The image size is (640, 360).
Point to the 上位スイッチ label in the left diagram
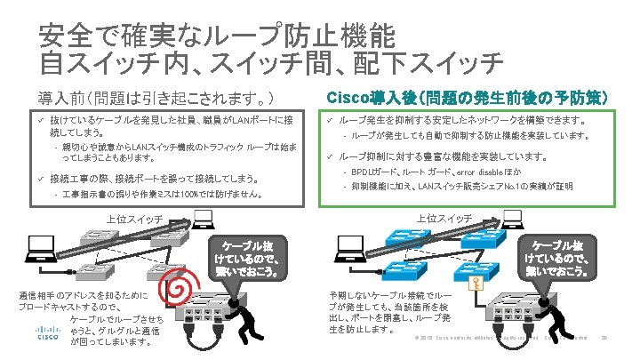pyautogui.click(x=133, y=218)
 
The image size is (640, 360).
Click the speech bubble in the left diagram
pyautogui.click(x=252, y=258)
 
